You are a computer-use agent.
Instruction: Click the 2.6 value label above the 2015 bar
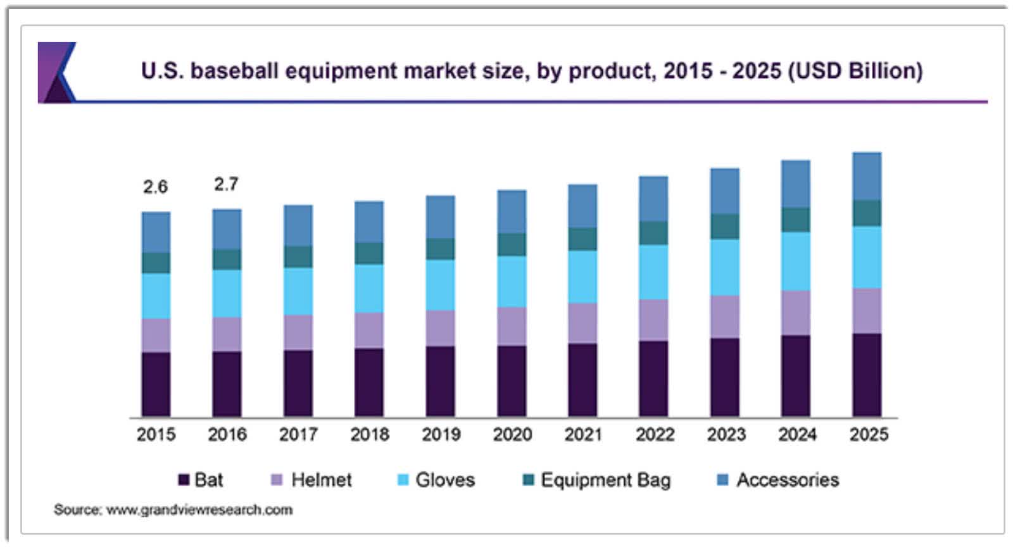[x=155, y=187]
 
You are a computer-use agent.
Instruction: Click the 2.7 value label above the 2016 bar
[x=226, y=184]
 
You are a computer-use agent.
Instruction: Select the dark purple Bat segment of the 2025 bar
[x=867, y=375]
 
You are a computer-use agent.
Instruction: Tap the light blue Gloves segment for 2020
[x=512, y=282]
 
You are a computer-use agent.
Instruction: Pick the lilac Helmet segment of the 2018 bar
[x=369, y=330]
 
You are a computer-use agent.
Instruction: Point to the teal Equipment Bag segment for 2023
[x=724, y=227]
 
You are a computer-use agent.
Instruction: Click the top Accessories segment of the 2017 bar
[x=298, y=225]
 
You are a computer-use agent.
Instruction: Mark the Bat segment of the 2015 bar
[x=156, y=384]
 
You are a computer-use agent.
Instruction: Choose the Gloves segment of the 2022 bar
[x=653, y=272]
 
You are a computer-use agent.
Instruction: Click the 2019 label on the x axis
[x=441, y=434]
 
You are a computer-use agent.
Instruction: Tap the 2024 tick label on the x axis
[x=797, y=434]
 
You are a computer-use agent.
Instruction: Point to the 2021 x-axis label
[x=583, y=434]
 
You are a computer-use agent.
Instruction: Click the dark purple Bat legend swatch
[x=184, y=480]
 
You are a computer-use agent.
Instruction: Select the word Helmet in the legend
[x=321, y=480]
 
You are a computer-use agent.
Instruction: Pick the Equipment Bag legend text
[x=605, y=480]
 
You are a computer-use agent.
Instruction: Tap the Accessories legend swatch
[x=722, y=480]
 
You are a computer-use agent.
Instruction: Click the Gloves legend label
[x=444, y=480]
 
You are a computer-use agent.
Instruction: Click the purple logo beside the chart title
[x=57, y=72]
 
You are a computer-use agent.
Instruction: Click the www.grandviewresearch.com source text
[x=199, y=510]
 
